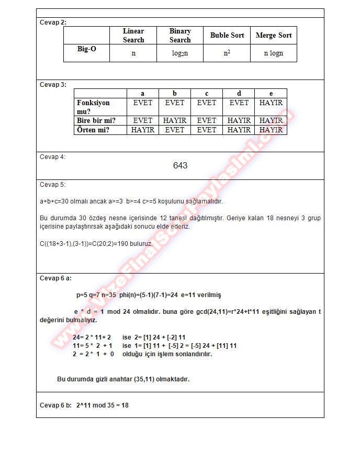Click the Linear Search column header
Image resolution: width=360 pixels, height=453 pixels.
pyautogui.click(x=133, y=36)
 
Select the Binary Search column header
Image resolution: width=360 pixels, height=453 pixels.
pyautogui.click(x=180, y=36)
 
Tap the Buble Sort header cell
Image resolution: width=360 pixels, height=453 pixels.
pyautogui.click(x=227, y=36)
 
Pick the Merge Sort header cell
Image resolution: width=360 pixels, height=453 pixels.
pyautogui.click(x=274, y=36)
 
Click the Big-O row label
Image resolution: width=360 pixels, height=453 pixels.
pyautogui.click(x=86, y=49)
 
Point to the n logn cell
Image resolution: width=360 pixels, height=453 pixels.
pyautogui.click(x=273, y=53)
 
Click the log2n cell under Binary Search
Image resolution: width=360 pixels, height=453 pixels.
pyautogui.click(x=180, y=53)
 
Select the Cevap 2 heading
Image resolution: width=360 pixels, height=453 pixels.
pyautogui.click(x=53, y=22)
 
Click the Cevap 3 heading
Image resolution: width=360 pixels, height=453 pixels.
pyautogui.click(x=53, y=84)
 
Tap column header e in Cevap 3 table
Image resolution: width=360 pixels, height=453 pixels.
pyautogui.click(x=271, y=94)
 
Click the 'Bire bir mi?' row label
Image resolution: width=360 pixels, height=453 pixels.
pyautogui.click(x=96, y=120)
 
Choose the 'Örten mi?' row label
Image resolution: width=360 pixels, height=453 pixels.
pyautogui.click(x=93, y=130)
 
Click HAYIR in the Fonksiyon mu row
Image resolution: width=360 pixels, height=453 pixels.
pyautogui.click(x=271, y=103)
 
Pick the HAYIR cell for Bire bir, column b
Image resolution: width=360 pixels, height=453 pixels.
pyautogui.click(x=175, y=120)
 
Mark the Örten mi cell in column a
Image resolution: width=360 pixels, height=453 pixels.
pyautogui.click(x=143, y=130)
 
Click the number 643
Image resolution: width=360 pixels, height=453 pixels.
pyautogui.click(x=180, y=166)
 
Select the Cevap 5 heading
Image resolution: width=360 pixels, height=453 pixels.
pyautogui.click(x=53, y=185)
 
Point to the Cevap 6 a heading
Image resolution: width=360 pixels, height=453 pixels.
pyautogui.click(x=55, y=278)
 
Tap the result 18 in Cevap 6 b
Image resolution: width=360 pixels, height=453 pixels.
pyautogui.click(x=125, y=405)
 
